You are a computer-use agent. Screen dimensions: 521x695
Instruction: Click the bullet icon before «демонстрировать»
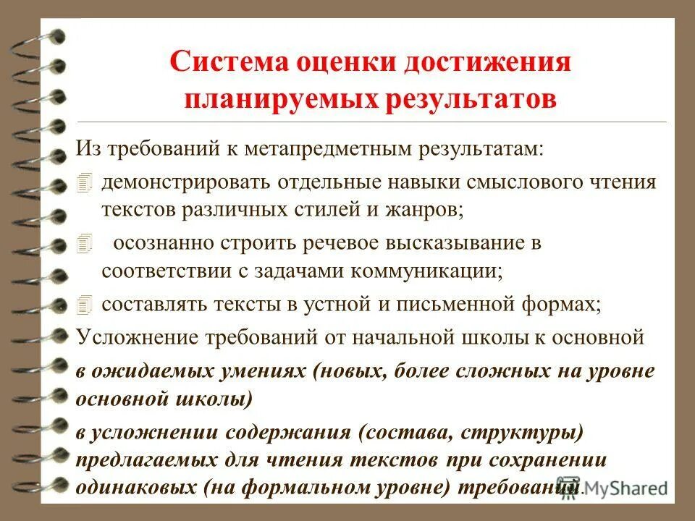tap(85, 182)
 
